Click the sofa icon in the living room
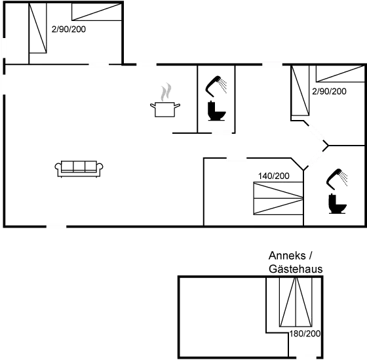78,169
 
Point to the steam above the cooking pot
166,90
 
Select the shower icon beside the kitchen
216,85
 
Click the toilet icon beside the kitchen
216,113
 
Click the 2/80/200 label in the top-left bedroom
68,30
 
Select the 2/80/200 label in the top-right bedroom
330,91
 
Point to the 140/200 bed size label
274,176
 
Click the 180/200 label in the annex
305,334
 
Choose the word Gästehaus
295,269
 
